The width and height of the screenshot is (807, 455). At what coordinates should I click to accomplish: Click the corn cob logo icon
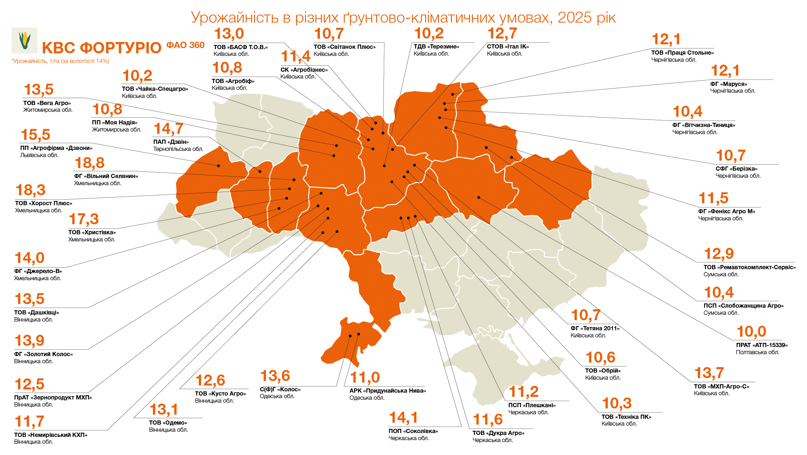(25, 40)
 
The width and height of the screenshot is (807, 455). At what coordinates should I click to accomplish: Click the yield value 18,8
(89, 163)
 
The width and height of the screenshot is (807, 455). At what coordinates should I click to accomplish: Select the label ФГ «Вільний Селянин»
(106, 176)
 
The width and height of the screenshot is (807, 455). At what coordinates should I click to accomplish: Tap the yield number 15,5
(36, 135)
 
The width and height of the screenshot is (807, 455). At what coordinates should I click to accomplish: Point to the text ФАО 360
(185, 45)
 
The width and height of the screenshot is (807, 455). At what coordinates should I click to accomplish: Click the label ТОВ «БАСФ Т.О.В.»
(240, 47)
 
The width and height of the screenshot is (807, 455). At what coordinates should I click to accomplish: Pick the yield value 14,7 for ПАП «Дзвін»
(169, 129)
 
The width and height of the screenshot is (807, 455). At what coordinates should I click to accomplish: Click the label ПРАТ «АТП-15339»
(761, 345)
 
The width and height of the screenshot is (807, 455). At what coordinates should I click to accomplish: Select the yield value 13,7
(709, 373)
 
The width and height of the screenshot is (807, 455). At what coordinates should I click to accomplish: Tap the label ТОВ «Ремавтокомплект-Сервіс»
(749, 267)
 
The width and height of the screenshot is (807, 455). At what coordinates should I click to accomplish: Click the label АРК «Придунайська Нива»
(387, 391)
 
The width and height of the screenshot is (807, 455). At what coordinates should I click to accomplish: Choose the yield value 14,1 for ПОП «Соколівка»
(403, 418)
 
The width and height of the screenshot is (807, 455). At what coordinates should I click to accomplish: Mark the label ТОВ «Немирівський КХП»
(51, 435)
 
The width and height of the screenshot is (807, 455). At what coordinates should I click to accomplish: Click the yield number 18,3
(30, 190)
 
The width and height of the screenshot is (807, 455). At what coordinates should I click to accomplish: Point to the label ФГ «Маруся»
(728, 84)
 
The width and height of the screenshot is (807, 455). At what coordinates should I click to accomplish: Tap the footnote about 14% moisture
(60, 61)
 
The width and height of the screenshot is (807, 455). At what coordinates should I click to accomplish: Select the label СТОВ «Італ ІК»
(507, 47)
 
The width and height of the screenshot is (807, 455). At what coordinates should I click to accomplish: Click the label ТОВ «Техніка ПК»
(626, 417)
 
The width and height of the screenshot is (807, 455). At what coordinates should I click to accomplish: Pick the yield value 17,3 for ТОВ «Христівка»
(84, 219)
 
